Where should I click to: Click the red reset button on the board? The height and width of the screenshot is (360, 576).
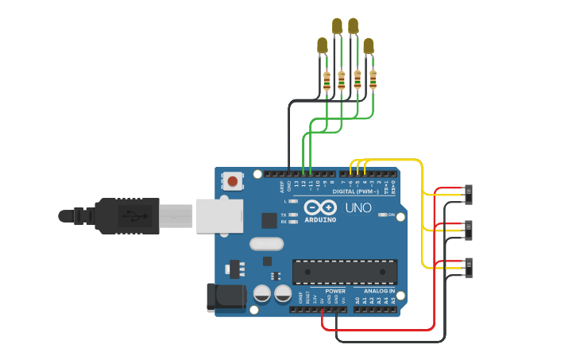coord(232,181)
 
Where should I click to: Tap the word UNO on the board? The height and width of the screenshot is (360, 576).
coord(358,208)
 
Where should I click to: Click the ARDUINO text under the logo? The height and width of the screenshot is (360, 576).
coord(320,219)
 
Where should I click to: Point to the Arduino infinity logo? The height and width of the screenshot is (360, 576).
coord(319,207)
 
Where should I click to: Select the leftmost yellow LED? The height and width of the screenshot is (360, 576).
coord(322,46)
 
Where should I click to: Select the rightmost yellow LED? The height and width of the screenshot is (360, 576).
coord(368,46)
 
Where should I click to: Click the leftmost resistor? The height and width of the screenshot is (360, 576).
coord(327,79)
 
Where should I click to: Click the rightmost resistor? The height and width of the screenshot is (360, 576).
coord(373,79)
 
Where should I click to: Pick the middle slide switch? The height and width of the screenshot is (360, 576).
coord(468,230)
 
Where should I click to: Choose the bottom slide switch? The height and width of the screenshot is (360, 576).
coord(468,268)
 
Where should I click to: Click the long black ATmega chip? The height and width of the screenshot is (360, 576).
coord(345,272)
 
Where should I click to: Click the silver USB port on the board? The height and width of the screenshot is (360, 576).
coord(220,215)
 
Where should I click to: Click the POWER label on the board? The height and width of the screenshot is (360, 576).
coord(335,291)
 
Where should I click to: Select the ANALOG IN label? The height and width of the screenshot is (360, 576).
coord(379,291)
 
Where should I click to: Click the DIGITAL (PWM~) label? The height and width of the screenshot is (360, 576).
coord(355,192)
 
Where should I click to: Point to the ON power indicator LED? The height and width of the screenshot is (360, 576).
coord(383,215)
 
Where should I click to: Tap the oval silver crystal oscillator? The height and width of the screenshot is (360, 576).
coord(266,244)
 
